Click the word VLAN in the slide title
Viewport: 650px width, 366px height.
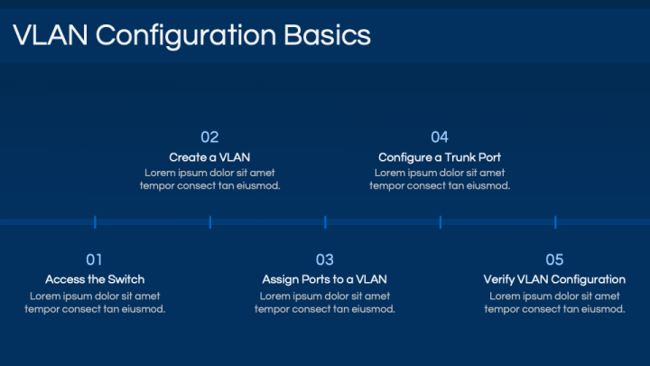click(x=51, y=35)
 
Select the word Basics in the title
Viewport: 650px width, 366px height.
click(x=327, y=35)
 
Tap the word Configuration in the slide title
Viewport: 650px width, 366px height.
click(x=186, y=36)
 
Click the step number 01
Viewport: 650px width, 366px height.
click(x=94, y=259)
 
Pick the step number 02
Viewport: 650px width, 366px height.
click(x=209, y=137)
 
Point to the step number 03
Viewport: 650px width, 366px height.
click(x=325, y=259)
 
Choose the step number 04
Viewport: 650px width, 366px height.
click(x=440, y=137)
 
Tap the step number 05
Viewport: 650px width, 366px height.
click(x=554, y=259)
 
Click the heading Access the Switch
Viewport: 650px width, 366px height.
click(x=95, y=279)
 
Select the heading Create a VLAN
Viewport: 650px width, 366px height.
click(x=209, y=157)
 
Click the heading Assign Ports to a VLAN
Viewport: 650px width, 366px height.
click(x=325, y=279)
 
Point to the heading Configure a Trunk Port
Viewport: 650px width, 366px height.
click(x=440, y=157)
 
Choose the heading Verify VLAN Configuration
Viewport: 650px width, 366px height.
click(x=554, y=279)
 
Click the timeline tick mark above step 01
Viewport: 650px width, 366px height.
click(x=95, y=222)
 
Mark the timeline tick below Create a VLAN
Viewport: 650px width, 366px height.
click(x=210, y=222)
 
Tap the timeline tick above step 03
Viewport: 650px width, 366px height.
click(x=325, y=222)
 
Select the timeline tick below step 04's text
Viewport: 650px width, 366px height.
click(x=441, y=222)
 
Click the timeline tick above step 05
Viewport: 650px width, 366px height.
click(x=555, y=222)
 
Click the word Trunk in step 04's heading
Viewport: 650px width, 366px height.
click(x=458, y=157)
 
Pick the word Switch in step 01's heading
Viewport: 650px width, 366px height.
click(x=126, y=279)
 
